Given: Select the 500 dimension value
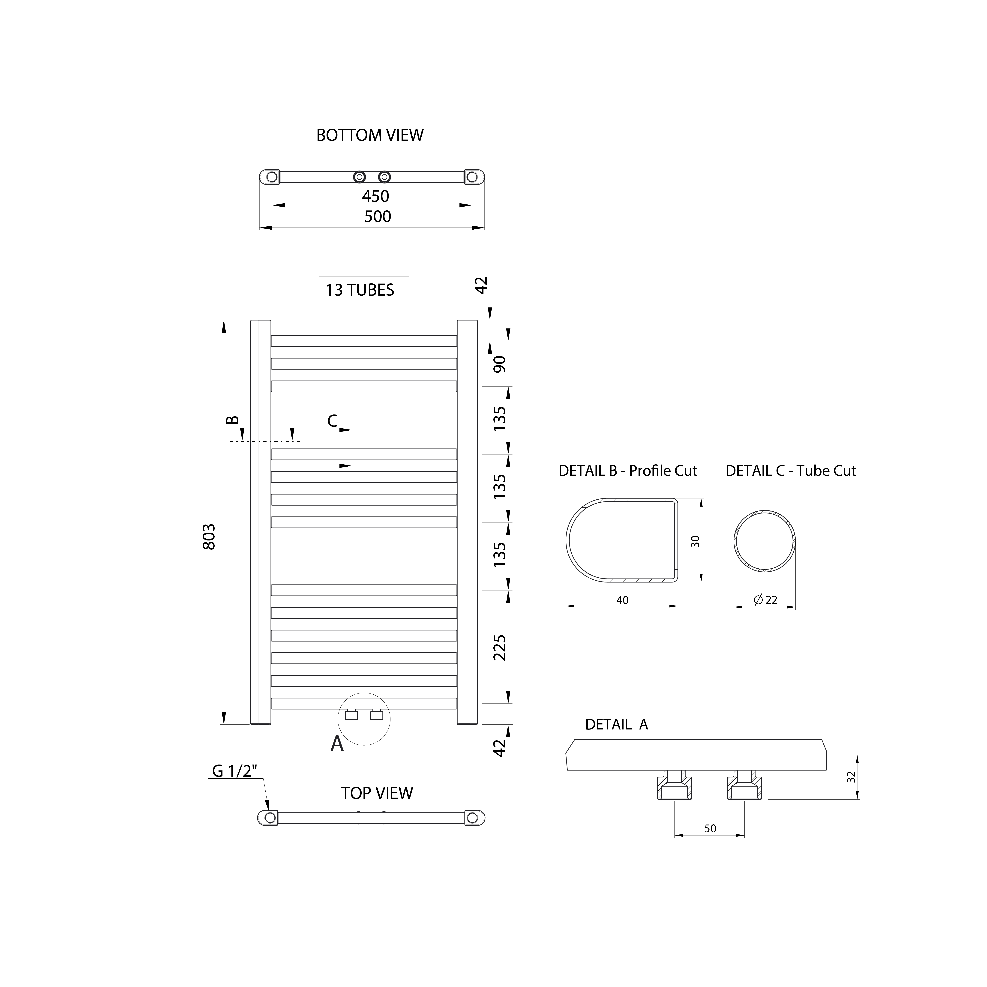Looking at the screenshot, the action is click(378, 217).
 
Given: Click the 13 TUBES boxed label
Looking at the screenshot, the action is click(364, 289).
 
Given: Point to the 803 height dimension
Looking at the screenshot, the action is click(209, 536).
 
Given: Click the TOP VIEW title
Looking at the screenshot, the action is click(377, 793).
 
